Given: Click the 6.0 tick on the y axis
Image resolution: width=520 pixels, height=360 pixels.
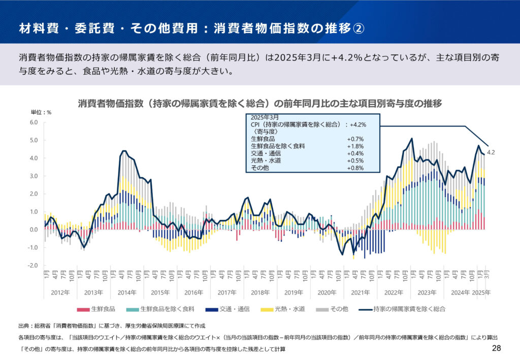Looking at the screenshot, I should click(x=34, y=122).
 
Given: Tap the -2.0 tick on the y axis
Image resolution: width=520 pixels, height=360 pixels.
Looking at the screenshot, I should click(x=33, y=266).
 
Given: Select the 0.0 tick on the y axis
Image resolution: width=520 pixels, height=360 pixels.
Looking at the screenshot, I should click(x=34, y=230).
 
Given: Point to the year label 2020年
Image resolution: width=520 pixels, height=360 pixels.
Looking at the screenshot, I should click(x=327, y=292).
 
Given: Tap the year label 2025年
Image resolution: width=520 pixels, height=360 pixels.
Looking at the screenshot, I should click(x=481, y=292).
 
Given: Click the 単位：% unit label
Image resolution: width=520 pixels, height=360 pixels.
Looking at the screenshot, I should click(x=41, y=112).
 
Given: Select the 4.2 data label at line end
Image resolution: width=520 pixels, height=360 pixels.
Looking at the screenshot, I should click(x=491, y=152).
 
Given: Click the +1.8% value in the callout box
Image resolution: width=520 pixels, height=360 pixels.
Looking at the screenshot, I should click(x=355, y=146).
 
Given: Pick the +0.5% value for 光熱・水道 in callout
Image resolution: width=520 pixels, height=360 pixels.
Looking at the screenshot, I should click(x=355, y=160).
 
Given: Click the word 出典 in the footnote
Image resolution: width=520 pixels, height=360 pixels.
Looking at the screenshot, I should click(x=24, y=325).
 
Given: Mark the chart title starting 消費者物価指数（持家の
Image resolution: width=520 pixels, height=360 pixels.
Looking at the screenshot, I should click(x=259, y=103).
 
